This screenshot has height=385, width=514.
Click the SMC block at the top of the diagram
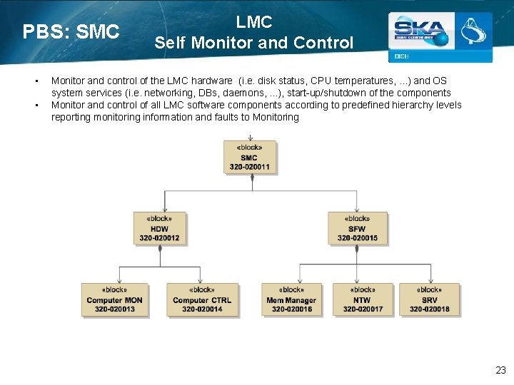pyautogui.click(x=249, y=158)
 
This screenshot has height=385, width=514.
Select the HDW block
pyautogui.click(x=159, y=228)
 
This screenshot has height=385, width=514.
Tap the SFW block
pyautogui.click(x=357, y=228)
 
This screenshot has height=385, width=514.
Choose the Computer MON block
pyautogui.click(x=114, y=300)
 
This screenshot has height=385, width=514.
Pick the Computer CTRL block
pyautogui.click(x=202, y=300)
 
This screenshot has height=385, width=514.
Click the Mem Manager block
pyautogui.click(x=291, y=300)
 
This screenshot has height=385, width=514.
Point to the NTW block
pyautogui.click(x=362, y=300)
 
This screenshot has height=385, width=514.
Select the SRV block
pyautogui.click(x=429, y=300)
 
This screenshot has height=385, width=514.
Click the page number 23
pyautogui.click(x=500, y=370)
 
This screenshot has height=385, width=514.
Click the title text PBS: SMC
pyautogui.click(x=71, y=32)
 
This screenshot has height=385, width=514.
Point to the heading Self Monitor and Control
pyautogui.click(x=253, y=43)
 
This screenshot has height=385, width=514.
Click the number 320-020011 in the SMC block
pyautogui.click(x=249, y=167)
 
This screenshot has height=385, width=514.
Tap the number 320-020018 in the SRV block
pyautogui.click(x=429, y=309)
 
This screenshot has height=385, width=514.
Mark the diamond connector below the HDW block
pyautogui.click(x=160, y=249)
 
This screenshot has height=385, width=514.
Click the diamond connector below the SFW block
pyautogui.click(x=357, y=249)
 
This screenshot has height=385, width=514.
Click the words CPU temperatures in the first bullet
pyautogui.click(x=352, y=81)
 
